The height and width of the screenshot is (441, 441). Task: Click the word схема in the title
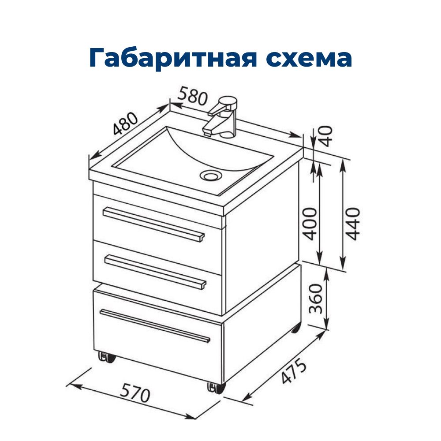click(x=309, y=58)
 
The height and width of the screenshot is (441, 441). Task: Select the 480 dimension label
click(x=126, y=123)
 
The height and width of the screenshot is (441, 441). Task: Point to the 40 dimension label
click(x=326, y=136)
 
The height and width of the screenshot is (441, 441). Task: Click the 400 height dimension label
click(x=310, y=224)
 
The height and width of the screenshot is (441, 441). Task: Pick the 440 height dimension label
click(x=353, y=224)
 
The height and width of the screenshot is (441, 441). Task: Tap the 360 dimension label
click(x=315, y=299)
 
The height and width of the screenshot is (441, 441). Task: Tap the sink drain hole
click(x=211, y=176)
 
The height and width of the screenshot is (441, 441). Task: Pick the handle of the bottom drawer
click(x=155, y=326)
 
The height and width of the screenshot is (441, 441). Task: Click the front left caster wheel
click(x=107, y=358)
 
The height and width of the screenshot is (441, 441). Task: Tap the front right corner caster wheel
click(x=217, y=388)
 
